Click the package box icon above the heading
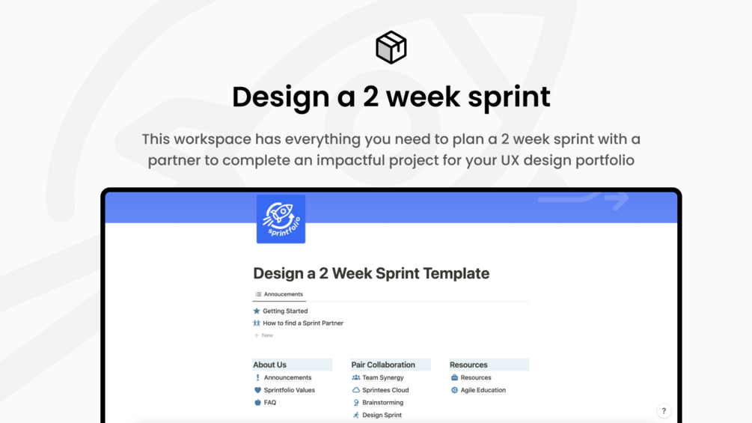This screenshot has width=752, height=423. (391, 47)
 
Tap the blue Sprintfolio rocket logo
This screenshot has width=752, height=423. (281, 219)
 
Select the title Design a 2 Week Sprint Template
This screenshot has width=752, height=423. (371, 273)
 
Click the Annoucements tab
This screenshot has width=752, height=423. (279, 294)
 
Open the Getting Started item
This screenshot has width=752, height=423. (284, 311)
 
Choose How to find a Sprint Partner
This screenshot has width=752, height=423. (302, 323)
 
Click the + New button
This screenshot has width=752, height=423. (263, 335)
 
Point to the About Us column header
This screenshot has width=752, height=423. (270, 365)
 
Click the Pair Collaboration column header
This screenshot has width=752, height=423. (383, 365)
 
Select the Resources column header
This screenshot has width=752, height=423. (468, 365)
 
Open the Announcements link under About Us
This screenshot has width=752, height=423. (287, 377)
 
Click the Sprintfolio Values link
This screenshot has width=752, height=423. (289, 390)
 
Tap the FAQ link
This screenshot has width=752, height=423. (270, 403)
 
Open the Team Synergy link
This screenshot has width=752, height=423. (382, 377)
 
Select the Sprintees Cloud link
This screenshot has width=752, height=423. (385, 390)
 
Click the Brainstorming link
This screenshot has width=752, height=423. (382, 403)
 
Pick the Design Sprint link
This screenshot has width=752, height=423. (382, 415)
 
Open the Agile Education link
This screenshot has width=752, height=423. (483, 390)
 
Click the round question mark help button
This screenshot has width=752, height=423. (664, 411)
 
